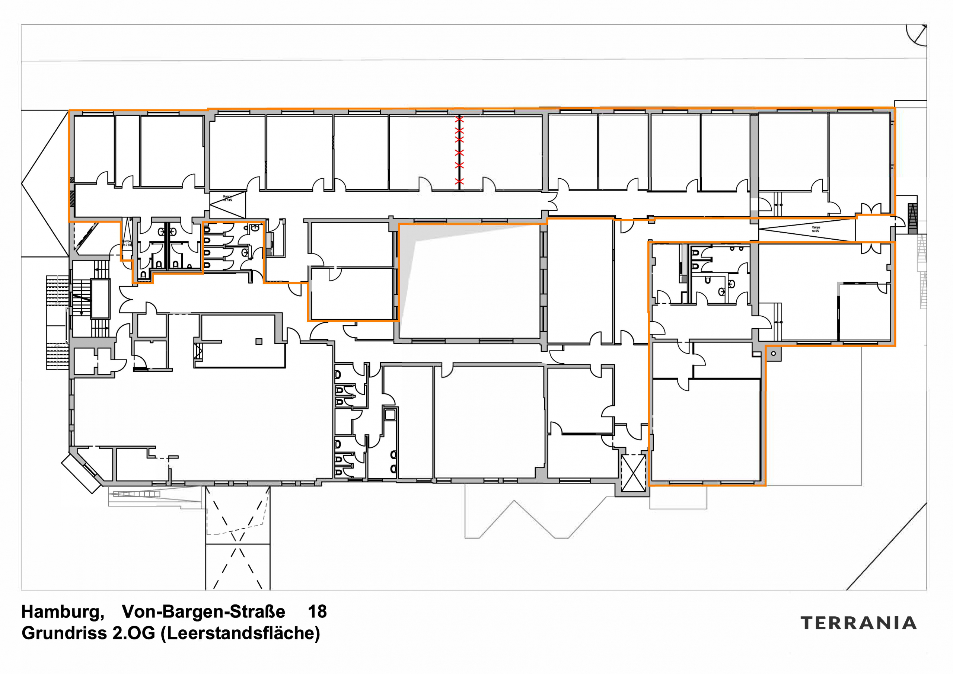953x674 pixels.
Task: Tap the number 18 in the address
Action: [317, 612]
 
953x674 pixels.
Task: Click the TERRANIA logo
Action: [859, 623]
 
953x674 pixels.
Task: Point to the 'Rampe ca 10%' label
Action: [227, 198]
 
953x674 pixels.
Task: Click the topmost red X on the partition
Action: [459, 119]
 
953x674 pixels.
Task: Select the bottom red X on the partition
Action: [459, 181]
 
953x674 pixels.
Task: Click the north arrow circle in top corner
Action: [917, 34]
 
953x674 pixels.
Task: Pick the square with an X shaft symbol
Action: [633, 473]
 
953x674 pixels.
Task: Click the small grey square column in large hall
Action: [259, 342]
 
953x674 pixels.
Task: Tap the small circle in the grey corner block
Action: [773, 354]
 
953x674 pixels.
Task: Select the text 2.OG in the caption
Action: [134, 633]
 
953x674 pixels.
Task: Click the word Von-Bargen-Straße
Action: [203, 612]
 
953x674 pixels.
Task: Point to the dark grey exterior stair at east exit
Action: [912, 219]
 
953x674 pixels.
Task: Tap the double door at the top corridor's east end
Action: [871, 209]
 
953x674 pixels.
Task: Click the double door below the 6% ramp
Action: [871, 248]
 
